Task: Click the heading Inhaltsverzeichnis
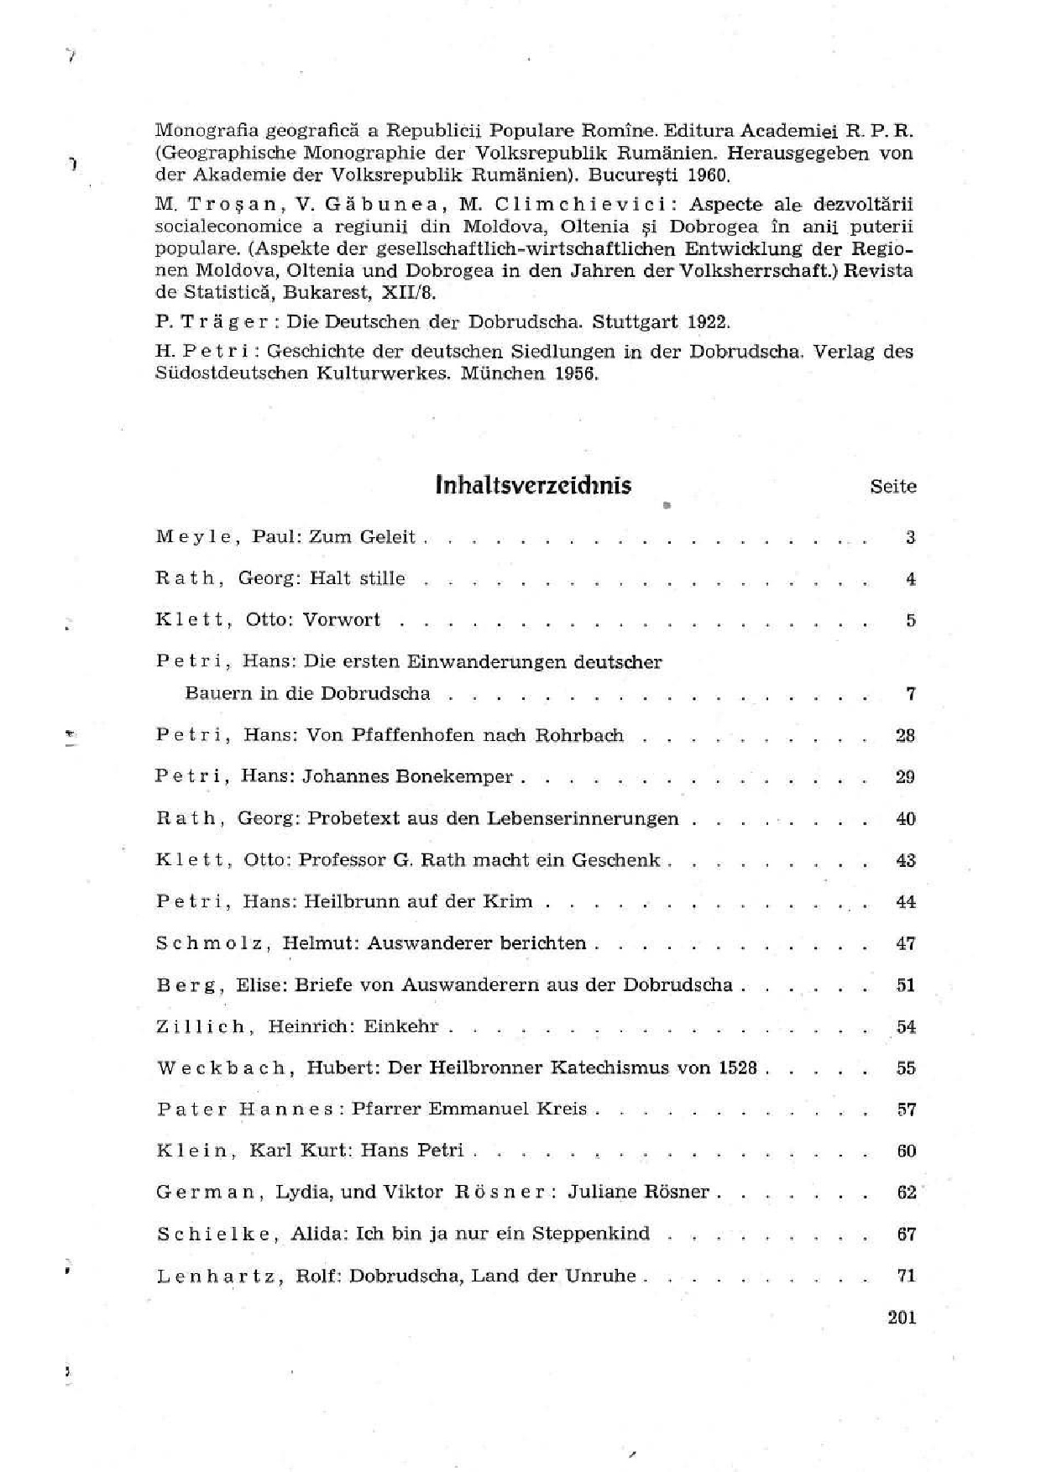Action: pyautogui.click(x=533, y=486)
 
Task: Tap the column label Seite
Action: pyautogui.click(x=893, y=487)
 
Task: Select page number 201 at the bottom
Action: pyautogui.click(x=901, y=1317)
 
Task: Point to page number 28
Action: pyautogui.click(x=905, y=736)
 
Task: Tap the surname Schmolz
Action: pyautogui.click(x=212, y=943)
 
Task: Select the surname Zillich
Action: pyautogui.click(x=201, y=1026)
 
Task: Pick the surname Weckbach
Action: pyautogui.click(x=224, y=1068)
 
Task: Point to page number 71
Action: pyautogui.click(x=906, y=1276)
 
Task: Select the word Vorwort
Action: pyautogui.click(x=342, y=620)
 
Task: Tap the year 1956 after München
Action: pyautogui.click(x=575, y=373)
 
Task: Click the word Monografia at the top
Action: pyautogui.click(x=207, y=132)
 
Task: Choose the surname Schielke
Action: pyautogui.click(x=213, y=1234)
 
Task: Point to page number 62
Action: pyautogui.click(x=906, y=1192)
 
